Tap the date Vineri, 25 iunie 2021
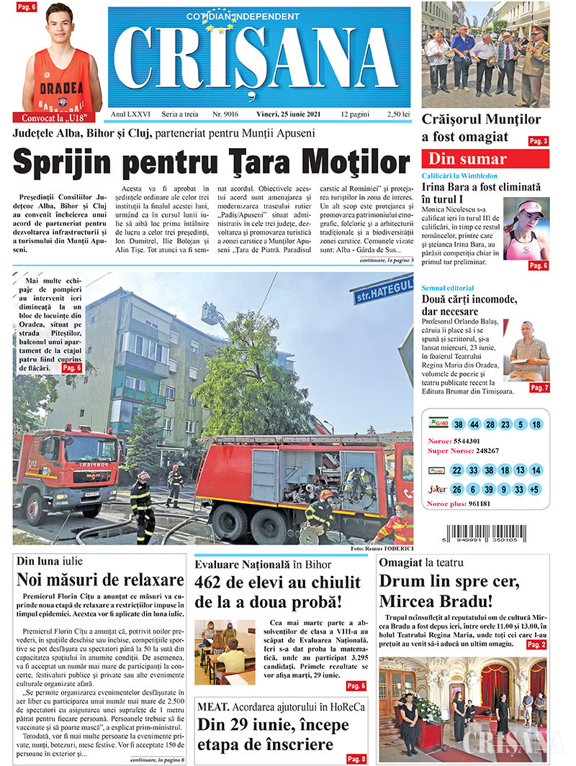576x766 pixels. [289, 114]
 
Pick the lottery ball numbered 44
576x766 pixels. [474, 424]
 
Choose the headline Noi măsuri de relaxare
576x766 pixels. [100, 580]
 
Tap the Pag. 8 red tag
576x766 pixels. [356, 758]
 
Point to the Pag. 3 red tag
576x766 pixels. [539, 142]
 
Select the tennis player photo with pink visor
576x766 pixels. [526, 229]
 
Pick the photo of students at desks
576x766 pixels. [225, 652]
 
